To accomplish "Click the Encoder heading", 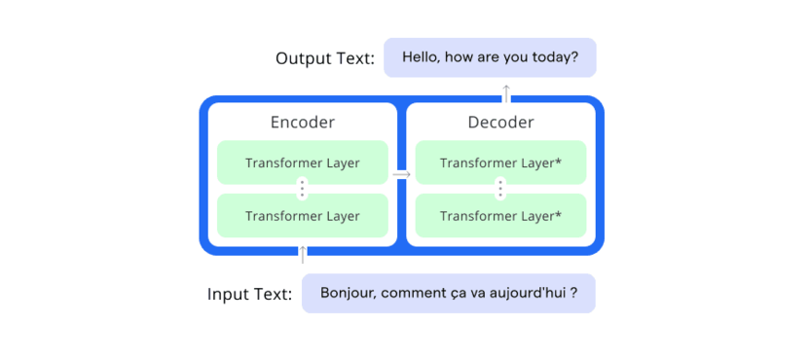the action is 303,123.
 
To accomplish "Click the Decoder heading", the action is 500,123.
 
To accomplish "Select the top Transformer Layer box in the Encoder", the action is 302,162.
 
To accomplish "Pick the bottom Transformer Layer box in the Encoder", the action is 302,216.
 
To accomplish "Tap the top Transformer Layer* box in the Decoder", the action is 500,162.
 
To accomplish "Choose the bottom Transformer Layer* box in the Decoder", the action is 500,216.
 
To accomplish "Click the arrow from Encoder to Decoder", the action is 401,175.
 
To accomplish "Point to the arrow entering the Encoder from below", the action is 303,255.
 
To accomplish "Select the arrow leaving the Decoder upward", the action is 507,93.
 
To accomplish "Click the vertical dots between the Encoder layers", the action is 302,189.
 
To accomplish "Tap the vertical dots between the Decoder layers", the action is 500,189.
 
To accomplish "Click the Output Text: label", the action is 325,58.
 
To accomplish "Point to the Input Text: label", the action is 249,295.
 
